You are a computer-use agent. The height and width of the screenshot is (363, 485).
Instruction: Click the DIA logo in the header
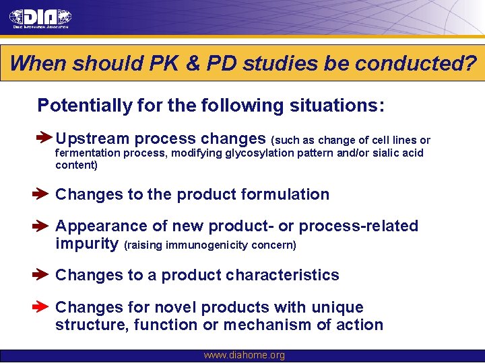coord(40,18)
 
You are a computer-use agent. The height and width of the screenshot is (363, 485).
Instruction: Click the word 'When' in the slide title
coord(38,64)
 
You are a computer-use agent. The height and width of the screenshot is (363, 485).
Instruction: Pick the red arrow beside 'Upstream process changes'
coord(44,138)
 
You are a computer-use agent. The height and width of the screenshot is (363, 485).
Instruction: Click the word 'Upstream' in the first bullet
coord(92,139)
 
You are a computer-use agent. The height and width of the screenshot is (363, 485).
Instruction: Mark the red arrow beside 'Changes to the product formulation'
coord(40,194)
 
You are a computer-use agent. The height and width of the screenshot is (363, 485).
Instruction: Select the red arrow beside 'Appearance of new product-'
coord(40,227)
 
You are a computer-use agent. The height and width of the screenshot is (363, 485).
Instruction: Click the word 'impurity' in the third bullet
coord(87,243)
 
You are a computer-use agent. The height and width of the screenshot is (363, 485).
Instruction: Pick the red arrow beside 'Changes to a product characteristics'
coord(40,275)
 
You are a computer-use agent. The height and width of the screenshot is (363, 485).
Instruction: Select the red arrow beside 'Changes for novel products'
coord(40,307)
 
